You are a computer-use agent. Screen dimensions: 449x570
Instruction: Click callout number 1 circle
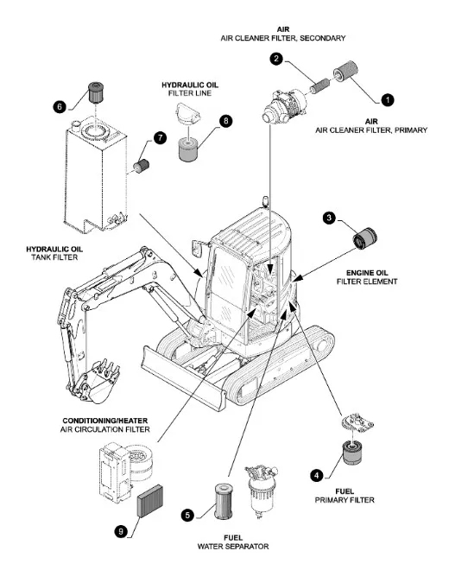pos(387,99)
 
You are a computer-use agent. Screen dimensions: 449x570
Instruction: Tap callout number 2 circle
pos(276,59)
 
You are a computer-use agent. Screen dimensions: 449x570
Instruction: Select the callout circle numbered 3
pos(329,218)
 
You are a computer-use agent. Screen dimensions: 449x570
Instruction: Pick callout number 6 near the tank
pos(60,107)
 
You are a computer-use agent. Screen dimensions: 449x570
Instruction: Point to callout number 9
pos(121,532)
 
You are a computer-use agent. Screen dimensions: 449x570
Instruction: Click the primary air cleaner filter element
pos(345,71)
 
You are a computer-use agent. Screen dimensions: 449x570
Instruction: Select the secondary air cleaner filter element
pos(320,87)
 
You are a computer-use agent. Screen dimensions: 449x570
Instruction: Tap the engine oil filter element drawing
pos(365,238)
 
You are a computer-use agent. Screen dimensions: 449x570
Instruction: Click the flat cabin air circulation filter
pos(149,501)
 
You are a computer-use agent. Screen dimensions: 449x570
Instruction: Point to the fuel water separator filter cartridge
pos(224,501)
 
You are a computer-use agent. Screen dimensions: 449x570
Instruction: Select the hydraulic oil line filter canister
pos(189,150)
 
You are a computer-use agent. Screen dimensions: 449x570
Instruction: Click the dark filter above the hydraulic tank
pos(96,92)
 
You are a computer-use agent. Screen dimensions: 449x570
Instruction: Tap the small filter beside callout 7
pos(142,166)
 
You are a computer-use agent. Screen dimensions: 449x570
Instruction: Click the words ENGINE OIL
pos(367,273)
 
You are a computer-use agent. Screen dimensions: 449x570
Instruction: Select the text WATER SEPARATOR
pos(233,547)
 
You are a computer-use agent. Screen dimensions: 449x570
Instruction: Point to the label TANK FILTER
pos(54,257)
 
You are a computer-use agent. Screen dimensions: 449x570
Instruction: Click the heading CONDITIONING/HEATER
pos(105,421)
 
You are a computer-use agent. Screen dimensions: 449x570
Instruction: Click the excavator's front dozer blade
pos(182,379)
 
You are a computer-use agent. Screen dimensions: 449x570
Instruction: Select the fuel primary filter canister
pos(352,452)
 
